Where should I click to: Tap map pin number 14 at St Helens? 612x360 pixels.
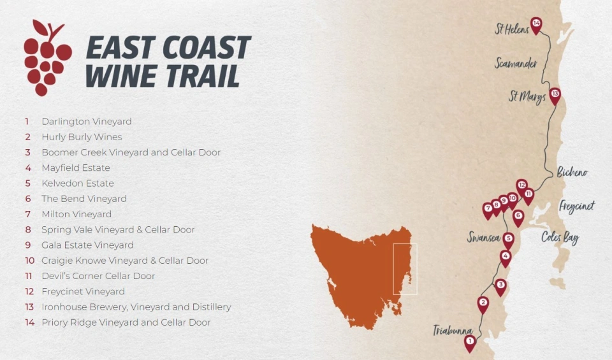tap(536, 25)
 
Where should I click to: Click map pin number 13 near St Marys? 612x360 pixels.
tap(555, 95)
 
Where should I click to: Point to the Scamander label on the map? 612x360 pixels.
tap(516, 64)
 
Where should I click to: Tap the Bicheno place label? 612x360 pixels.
tap(572, 172)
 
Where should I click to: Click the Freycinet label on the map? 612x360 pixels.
tap(576, 206)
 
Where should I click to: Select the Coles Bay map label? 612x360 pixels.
tap(560, 238)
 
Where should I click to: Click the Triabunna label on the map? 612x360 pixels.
tap(453, 331)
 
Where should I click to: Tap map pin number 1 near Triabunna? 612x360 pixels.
tap(470, 342)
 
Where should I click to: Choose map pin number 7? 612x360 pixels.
tap(488, 208)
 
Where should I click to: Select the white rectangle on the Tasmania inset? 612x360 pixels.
tap(405, 269)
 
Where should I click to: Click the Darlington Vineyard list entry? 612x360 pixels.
tap(87, 121)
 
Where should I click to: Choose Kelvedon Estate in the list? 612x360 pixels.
tap(78, 184)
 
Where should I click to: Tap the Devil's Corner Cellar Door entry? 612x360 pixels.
tap(98, 276)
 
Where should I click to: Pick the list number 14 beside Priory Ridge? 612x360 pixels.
tap(29, 322)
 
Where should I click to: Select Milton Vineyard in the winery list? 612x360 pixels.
tap(76, 214)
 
